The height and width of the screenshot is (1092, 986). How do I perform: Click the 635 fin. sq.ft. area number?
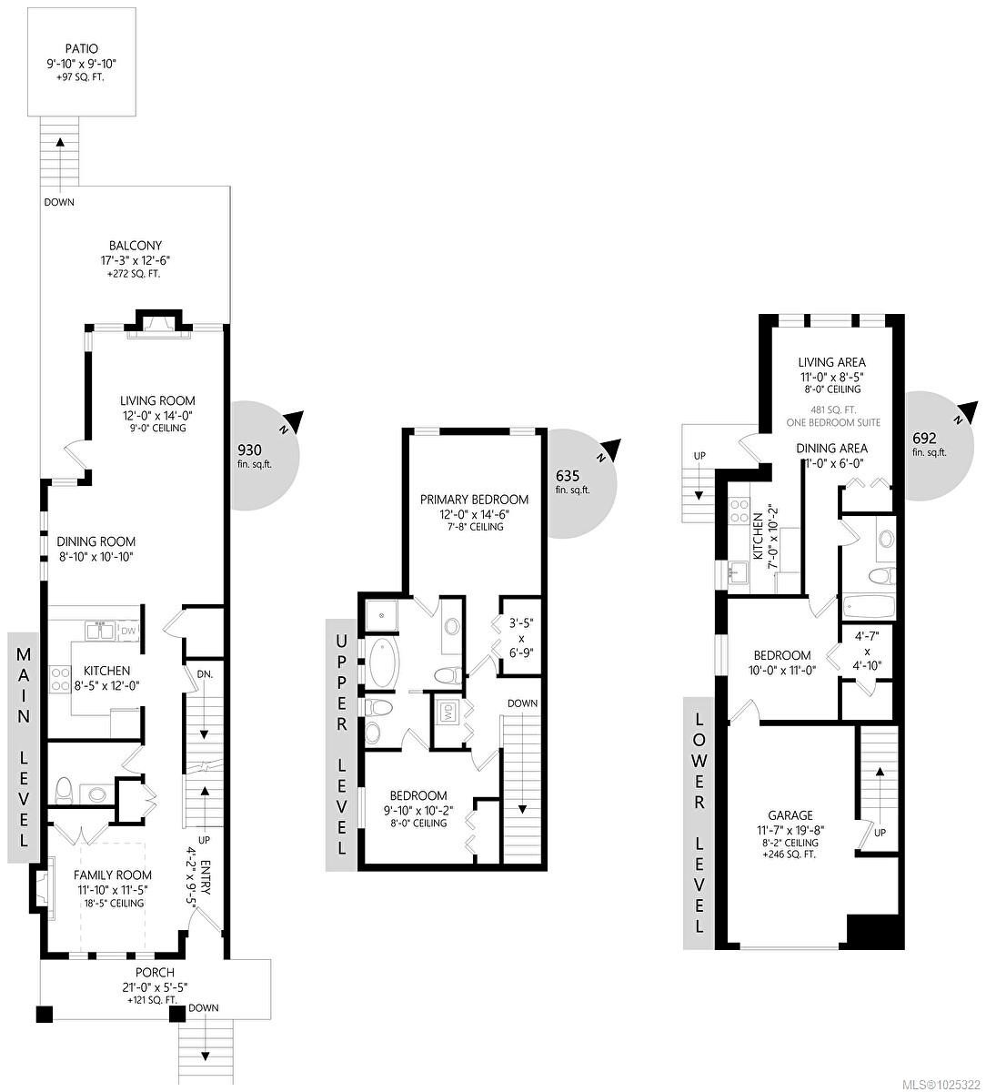[568, 476]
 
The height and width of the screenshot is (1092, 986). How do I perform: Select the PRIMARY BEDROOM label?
[474, 500]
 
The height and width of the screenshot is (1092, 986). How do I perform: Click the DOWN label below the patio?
[59, 202]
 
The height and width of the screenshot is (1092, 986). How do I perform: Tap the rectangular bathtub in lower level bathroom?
[870, 605]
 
